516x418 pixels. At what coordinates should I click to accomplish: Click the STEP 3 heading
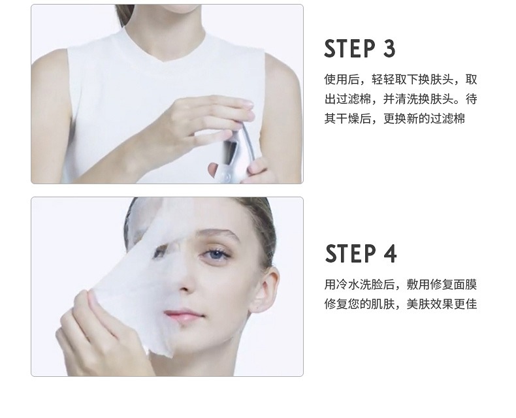pos(359,48)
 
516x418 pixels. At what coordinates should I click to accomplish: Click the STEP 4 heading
pos(361,253)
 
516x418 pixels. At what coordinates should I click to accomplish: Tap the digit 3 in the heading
pos(389,48)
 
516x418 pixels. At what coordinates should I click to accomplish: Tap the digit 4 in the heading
pos(391,253)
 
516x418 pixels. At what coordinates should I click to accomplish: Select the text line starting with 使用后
pos(400,79)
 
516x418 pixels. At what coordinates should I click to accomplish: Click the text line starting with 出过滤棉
pos(400,99)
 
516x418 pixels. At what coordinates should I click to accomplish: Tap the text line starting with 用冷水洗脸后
pos(400,284)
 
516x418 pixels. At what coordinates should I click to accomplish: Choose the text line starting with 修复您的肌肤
pos(400,304)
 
